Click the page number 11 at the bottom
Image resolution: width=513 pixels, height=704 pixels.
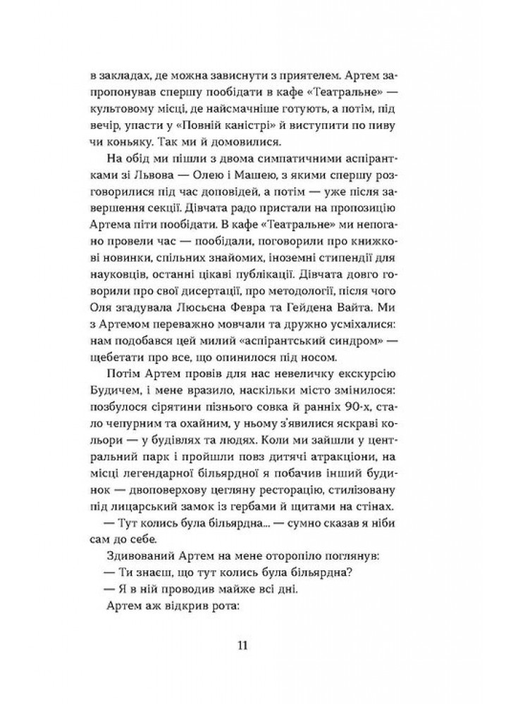pos(256,645)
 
